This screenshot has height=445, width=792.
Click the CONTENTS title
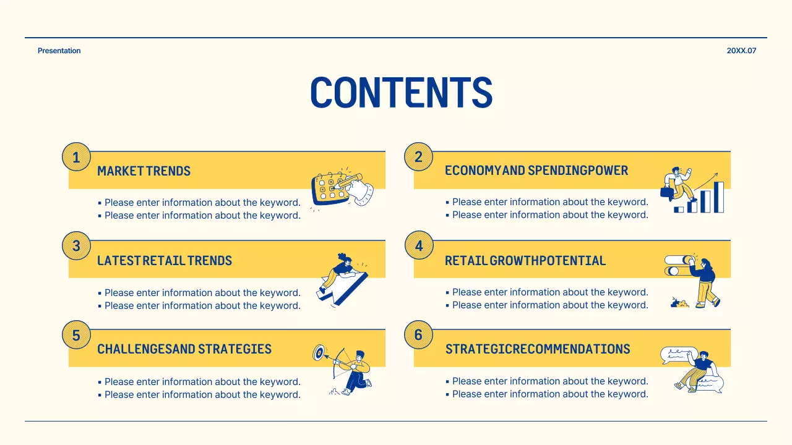click(401, 93)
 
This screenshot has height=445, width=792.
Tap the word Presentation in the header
click(59, 51)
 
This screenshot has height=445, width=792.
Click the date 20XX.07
click(741, 51)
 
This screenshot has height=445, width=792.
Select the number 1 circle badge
click(76, 157)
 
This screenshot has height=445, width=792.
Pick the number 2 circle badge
click(418, 157)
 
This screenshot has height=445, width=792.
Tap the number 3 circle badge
click(76, 246)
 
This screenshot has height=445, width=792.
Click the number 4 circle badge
click(418, 246)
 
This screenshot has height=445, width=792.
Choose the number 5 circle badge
click(76, 335)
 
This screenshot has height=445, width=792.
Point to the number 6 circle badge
click(418, 335)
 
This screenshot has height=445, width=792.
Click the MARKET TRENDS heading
click(144, 171)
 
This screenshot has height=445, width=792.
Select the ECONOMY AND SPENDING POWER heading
click(536, 171)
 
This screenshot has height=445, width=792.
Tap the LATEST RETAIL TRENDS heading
click(165, 261)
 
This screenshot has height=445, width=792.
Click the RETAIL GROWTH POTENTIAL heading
click(525, 261)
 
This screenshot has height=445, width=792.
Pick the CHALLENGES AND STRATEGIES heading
click(184, 349)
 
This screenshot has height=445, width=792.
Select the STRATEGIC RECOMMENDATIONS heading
click(538, 349)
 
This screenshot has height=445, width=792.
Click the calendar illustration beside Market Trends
click(331, 189)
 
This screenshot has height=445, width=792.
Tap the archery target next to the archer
click(319, 353)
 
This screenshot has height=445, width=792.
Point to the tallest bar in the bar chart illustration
click(719, 197)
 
